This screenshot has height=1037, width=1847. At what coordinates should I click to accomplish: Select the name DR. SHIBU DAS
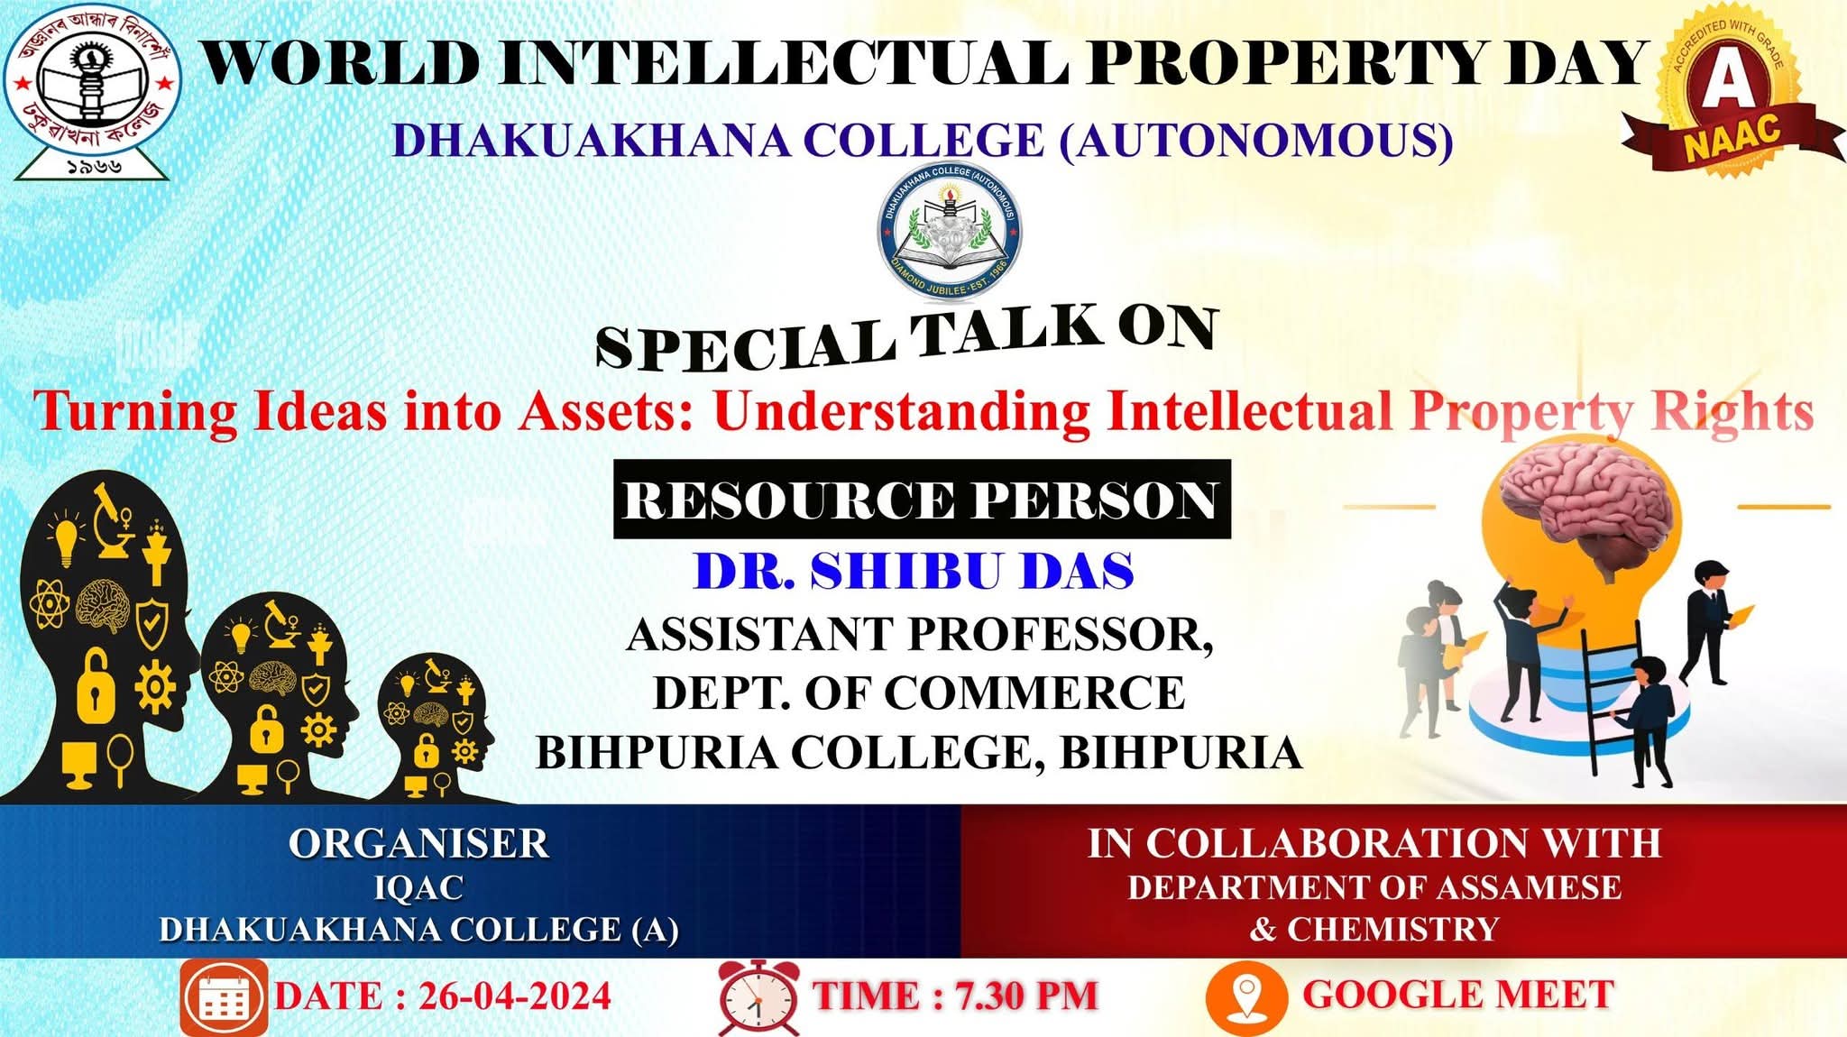pyautogui.click(x=913, y=572)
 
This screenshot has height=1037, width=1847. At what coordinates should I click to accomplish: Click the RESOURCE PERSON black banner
pyautogui.click(x=921, y=500)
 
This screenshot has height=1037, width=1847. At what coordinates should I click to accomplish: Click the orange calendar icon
pyautogui.click(x=223, y=997)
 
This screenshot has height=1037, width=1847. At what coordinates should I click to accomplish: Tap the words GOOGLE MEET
pyautogui.click(x=1458, y=995)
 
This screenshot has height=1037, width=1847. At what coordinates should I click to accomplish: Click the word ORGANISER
pyautogui.click(x=418, y=844)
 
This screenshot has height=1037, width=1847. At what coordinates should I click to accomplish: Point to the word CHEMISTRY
pyautogui.click(x=1392, y=929)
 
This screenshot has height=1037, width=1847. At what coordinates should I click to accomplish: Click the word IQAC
pyautogui.click(x=418, y=888)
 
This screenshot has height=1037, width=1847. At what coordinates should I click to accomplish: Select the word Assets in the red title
pyautogui.click(x=605, y=411)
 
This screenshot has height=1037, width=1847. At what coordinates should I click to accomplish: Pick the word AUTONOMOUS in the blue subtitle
pyautogui.click(x=1256, y=141)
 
